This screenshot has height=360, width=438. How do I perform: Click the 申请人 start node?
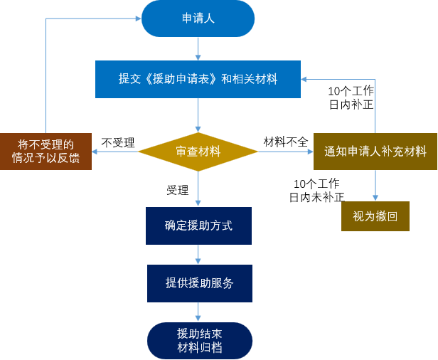tap(198, 18)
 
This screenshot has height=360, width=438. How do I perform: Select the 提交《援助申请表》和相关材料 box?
tap(198, 79)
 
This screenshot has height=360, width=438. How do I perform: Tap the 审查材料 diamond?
tap(198, 152)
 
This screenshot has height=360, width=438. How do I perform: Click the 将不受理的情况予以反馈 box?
tap(46, 151)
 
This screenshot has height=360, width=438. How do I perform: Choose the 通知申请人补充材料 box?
tap(375, 152)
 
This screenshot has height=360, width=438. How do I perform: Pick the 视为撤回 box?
tap(375, 216)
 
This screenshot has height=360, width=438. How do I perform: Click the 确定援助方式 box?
tap(198, 226)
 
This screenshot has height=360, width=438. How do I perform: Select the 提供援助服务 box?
tap(199, 283)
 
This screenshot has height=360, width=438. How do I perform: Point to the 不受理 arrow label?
tap(118, 142)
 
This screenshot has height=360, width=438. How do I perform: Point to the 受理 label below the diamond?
tap(178, 190)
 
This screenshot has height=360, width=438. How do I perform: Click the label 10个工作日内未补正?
tap(316, 190)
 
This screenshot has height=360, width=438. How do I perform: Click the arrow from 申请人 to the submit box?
tap(198, 48)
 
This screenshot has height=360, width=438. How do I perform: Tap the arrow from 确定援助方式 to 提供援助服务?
tap(198, 255)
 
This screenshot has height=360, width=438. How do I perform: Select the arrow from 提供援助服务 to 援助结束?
tap(199, 312)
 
